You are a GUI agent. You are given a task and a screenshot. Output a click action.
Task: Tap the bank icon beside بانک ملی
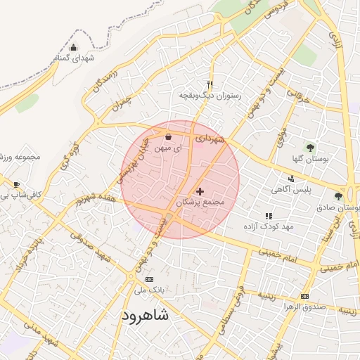pos(148,279)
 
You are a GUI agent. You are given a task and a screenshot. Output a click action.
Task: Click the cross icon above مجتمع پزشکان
pos(200,191)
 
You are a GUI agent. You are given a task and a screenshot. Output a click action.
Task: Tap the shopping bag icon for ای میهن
pos(167,138)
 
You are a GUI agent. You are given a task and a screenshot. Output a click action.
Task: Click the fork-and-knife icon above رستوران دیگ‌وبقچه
pos(210,84)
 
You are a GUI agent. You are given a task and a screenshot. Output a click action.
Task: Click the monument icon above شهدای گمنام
pos(74,48)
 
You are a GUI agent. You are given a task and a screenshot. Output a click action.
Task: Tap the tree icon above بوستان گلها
pos(310,148)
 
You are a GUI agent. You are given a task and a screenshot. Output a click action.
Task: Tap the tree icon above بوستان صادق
pos(338,197)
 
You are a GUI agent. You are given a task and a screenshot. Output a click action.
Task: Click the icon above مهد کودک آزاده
pos(268,216)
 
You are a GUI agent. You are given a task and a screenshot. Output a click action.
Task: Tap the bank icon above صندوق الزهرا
pos(304,296)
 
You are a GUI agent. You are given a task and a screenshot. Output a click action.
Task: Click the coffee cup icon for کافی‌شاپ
pos(15,185)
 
